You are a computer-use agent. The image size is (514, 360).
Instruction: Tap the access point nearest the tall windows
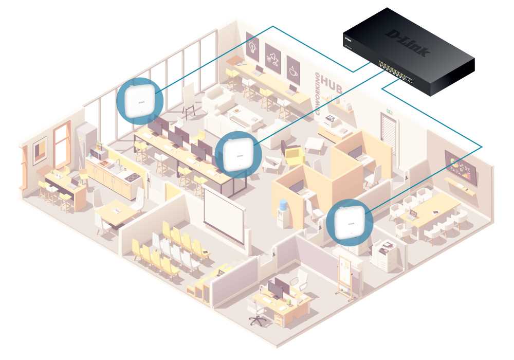(140, 100)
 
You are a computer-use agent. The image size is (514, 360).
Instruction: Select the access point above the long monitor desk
(237, 154)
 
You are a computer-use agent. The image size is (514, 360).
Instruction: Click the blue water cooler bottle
(281, 208)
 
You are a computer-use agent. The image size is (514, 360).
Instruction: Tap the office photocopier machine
(387, 255)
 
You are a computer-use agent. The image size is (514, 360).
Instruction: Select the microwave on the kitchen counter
(97, 154)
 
